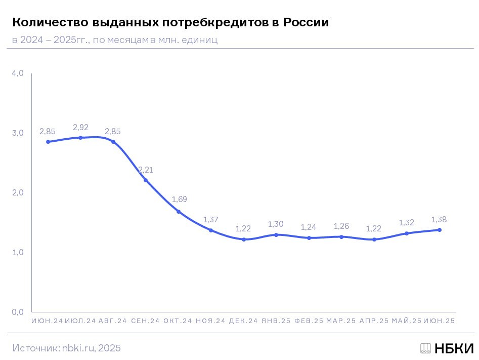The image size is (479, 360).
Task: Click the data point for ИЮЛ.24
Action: coord(80,138)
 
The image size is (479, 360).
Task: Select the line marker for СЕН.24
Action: coord(146,180)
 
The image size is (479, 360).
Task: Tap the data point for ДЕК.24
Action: coord(244,239)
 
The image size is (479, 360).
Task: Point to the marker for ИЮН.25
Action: coord(440,230)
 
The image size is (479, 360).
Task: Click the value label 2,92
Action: coord(80,127)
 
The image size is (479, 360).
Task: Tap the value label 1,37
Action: coord(211,219)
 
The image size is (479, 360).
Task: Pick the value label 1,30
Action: coord(276,224)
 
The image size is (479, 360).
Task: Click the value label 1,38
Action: coord(439,219)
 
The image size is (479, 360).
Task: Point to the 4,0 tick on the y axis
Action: coord(18,73)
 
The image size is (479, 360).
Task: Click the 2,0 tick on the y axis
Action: coord(18,192)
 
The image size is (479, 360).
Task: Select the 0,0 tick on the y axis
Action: coord(18,312)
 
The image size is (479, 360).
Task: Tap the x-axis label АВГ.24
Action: coord(113,321)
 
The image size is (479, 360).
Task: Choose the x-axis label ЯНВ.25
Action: coord(276,321)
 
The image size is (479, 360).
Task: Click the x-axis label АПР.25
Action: coord(374,321)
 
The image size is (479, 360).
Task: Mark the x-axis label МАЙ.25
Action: coord(406,321)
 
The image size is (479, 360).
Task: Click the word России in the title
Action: coord(306,23)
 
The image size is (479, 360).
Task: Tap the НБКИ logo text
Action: coord(454,348)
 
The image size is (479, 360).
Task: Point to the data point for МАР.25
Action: coord(341,237)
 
